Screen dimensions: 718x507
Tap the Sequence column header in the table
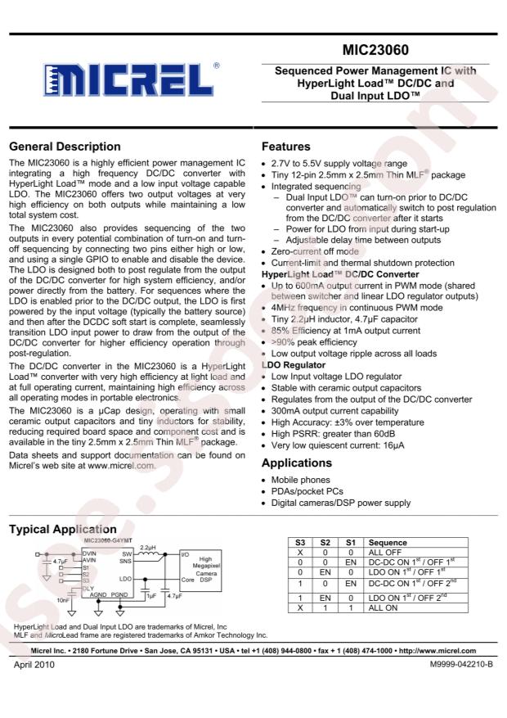387,543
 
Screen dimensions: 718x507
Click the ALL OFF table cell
387,553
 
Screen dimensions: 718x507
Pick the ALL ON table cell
384,611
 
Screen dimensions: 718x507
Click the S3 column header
300,543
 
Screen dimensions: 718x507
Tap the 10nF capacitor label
51,599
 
